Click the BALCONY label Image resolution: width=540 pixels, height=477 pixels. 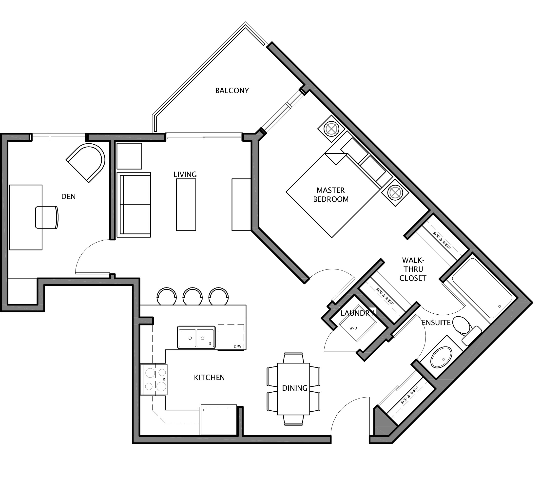[x=232, y=91]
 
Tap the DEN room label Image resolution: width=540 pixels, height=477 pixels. [x=68, y=196]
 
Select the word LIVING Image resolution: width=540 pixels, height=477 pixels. [x=185, y=174]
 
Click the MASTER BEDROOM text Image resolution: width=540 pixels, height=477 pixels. [x=331, y=195]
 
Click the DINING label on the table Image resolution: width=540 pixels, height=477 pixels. [x=295, y=388]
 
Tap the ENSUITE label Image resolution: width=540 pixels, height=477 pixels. [x=436, y=323]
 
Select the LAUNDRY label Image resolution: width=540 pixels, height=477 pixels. [x=357, y=313]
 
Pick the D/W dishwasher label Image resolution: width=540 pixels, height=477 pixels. [x=237, y=346]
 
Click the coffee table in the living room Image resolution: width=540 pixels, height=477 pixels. [x=186, y=205]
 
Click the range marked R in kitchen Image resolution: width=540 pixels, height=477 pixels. [x=154, y=380]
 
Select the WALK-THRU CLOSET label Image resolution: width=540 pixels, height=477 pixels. [x=413, y=269]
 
